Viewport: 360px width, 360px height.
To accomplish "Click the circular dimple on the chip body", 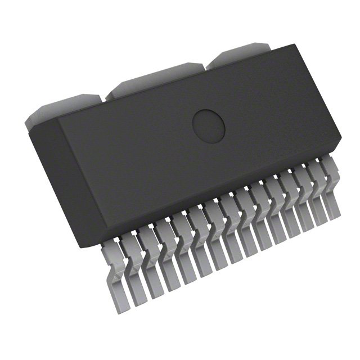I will click(209, 123).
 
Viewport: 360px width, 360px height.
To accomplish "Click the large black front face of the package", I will click(186, 146).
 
